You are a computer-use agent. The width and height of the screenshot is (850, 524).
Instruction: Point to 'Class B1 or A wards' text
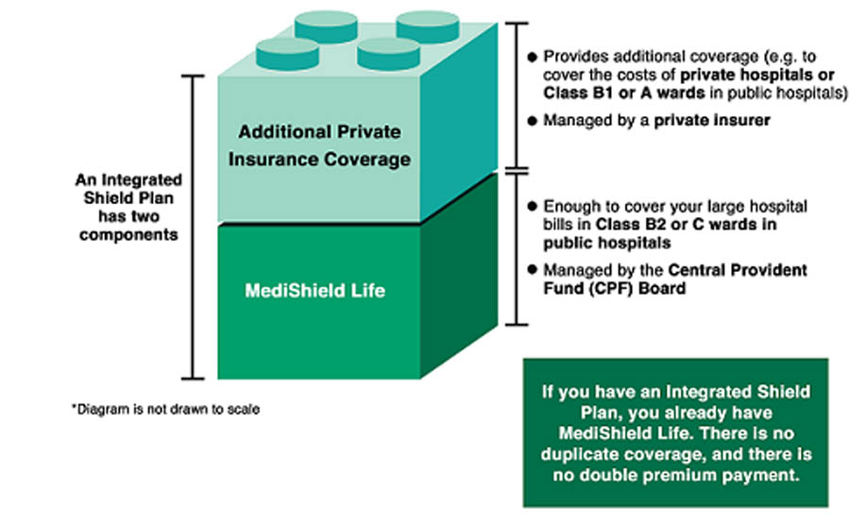tap(614, 94)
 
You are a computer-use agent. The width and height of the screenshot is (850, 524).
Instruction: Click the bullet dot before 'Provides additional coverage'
tap(534, 58)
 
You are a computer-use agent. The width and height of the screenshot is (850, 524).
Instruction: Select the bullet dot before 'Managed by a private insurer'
tap(534, 122)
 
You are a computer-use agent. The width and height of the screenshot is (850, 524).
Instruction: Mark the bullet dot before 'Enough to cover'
tap(534, 206)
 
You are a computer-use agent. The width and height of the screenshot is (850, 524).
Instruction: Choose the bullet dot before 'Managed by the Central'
tap(534, 271)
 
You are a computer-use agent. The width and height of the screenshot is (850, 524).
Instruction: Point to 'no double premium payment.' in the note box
tap(675, 476)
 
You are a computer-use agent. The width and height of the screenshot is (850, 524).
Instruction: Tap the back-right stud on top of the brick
tap(427, 24)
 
